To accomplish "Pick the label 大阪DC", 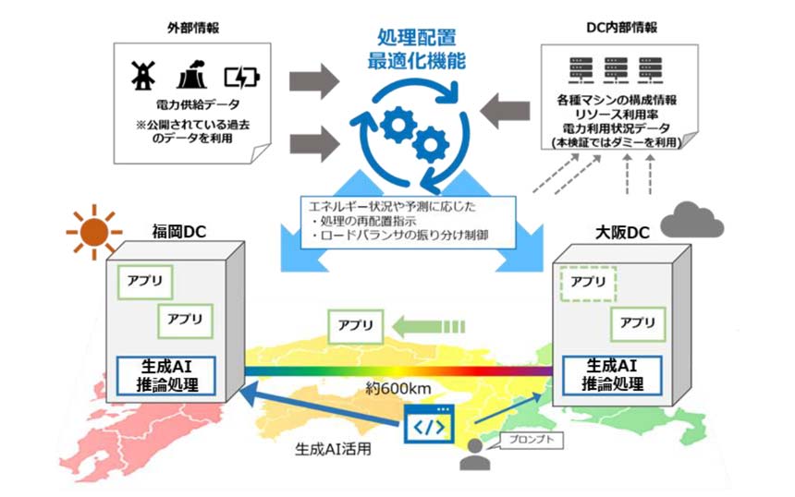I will point(612,233).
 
